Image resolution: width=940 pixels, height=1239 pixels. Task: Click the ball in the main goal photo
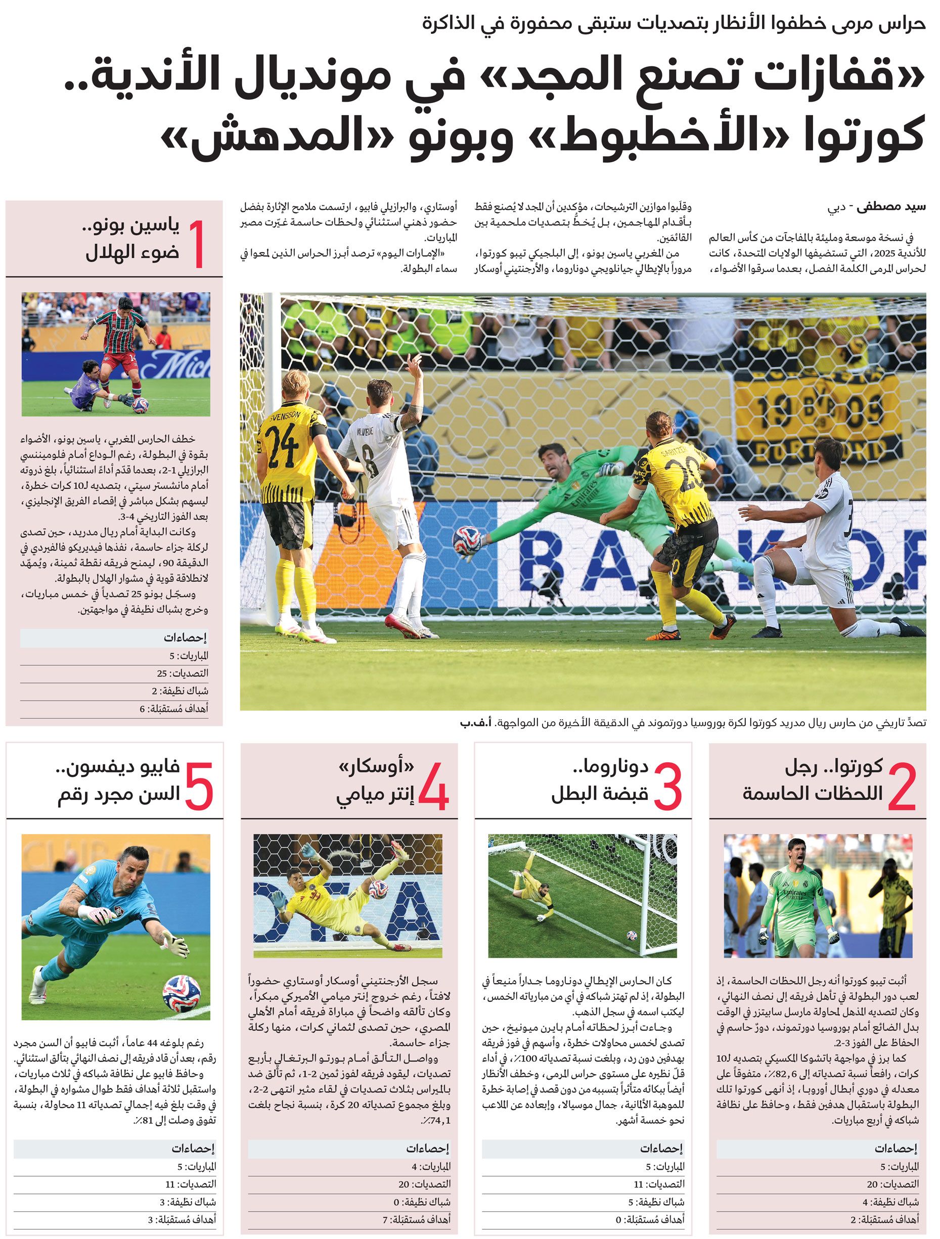click(x=467, y=541)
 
